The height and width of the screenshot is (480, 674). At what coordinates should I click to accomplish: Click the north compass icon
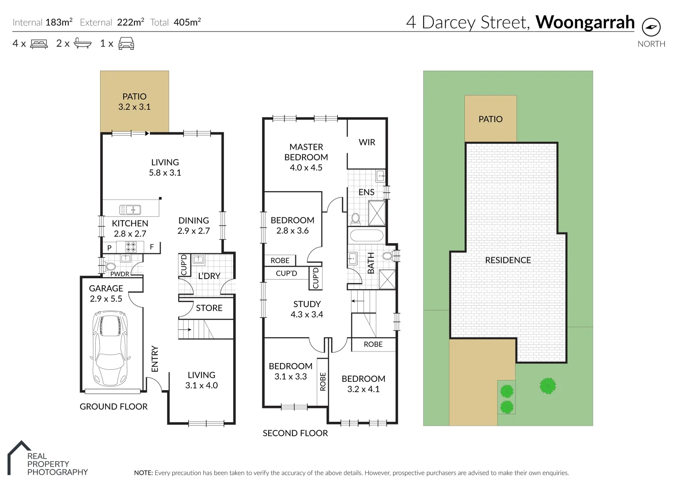tap(651, 28)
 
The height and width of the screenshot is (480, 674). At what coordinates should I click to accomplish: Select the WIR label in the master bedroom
tap(367, 142)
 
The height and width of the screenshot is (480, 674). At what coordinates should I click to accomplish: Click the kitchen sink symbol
tap(130, 209)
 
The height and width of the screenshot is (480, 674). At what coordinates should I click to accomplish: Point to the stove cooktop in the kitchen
tap(130, 247)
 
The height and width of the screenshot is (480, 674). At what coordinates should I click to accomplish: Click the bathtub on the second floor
tap(366, 236)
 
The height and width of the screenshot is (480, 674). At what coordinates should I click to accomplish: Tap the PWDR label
tap(120, 274)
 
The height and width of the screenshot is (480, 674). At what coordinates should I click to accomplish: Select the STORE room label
tap(209, 308)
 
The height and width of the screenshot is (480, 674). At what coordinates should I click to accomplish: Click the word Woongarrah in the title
tap(585, 22)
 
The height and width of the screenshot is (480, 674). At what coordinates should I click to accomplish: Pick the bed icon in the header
tap(39, 44)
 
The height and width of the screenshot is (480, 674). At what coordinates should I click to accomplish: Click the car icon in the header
tap(126, 44)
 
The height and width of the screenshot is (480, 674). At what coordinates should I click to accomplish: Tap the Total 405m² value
tap(187, 22)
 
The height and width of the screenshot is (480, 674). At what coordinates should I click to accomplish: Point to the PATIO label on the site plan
tap(490, 119)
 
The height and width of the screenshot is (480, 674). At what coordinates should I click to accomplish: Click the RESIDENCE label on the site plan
tap(508, 260)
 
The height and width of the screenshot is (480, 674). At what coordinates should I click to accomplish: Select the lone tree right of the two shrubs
tap(548, 385)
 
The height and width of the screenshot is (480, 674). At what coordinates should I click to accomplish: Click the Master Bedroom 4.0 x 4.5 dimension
tap(306, 168)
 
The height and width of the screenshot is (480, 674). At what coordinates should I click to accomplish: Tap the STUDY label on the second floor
tap(307, 304)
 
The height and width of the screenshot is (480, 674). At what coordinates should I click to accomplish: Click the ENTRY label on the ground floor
tap(155, 359)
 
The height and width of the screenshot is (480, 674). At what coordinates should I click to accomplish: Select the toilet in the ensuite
tap(355, 218)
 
